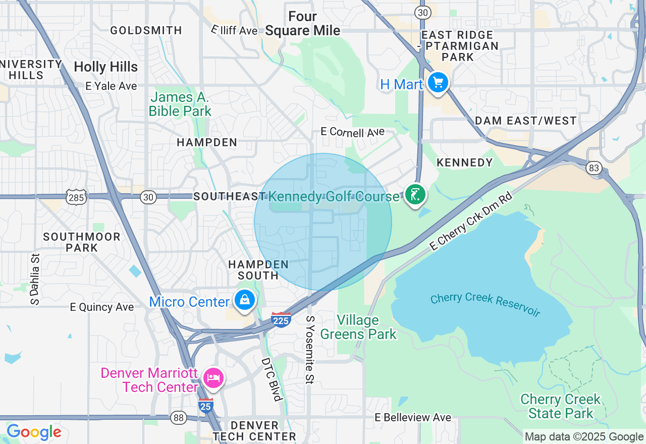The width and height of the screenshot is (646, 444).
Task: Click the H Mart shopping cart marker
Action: [438, 82]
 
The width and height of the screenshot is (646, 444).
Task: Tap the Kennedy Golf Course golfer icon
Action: [415, 195]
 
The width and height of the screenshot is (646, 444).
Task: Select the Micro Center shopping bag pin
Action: [245, 300]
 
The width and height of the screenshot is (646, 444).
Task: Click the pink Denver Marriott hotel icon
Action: [213, 378]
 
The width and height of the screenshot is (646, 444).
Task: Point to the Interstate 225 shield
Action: [281, 319]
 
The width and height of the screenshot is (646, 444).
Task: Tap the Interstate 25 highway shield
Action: [205, 405]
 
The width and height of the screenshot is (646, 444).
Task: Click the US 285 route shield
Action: [76, 197]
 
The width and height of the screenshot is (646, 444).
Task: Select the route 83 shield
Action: [594, 168]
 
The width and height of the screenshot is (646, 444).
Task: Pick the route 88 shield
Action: [178, 417]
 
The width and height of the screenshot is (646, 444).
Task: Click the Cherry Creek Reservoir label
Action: [485, 304]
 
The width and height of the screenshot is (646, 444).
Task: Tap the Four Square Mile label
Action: [303, 24]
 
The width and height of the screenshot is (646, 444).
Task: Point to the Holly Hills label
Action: [105, 67]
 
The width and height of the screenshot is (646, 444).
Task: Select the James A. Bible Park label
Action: [180, 104]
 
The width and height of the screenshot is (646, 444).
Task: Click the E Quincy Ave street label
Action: [102, 307]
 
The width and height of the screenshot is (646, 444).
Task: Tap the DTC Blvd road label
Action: [271, 379]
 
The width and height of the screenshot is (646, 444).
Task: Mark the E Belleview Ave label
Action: [413, 417]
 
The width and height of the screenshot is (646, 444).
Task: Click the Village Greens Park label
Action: [358, 327]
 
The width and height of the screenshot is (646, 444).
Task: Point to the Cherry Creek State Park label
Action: [561, 406]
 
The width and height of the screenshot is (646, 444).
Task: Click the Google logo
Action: [34, 432]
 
